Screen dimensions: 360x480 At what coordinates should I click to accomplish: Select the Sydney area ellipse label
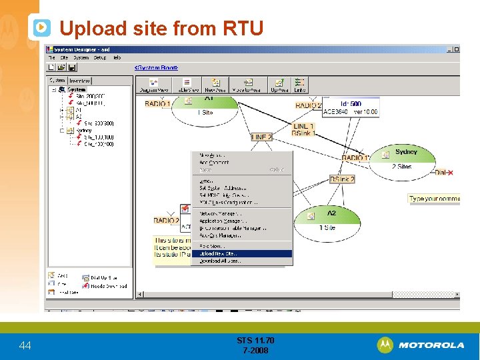pos(406,152)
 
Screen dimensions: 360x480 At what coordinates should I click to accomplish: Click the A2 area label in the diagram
pos(331,213)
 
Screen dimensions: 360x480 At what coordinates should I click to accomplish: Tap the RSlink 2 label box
pos(342,179)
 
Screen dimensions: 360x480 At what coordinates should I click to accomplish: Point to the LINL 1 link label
pos(303,126)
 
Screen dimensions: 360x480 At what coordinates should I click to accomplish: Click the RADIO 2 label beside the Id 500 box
pos(308,105)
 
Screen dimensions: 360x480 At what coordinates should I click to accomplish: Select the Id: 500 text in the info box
pos(351,104)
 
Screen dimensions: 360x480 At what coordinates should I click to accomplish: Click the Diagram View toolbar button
pos(154,85)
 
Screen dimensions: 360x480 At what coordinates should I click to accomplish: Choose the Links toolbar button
pos(300,85)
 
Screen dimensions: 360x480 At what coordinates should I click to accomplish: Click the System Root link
pos(157,67)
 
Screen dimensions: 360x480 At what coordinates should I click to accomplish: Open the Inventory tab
pos(79,81)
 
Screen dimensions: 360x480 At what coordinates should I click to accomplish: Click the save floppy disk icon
pos(72,67)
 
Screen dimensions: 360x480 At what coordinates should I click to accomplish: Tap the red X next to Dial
pos(451,173)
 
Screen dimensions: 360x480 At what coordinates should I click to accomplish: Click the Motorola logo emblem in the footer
pos(385,345)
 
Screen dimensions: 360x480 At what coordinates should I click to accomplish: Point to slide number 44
pos(25,345)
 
